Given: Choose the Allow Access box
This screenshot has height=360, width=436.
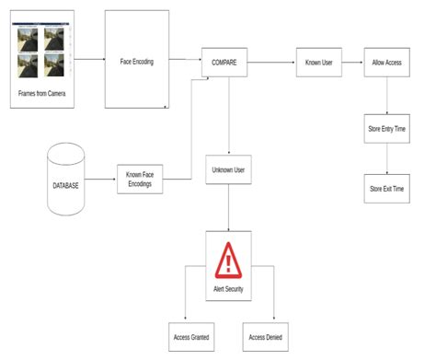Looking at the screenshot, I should click(x=386, y=64).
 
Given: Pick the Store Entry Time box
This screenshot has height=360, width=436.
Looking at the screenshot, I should click(x=386, y=130).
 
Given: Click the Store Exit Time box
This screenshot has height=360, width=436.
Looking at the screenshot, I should click(x=386, y=188).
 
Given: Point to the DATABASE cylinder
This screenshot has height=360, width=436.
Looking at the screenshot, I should click(x=66, y=183).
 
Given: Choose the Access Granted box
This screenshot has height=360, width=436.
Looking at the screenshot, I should click(x=191, y=336).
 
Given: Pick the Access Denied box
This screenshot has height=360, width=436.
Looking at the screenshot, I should click(x=264, y=336).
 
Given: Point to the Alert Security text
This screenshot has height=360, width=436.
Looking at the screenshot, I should click(x=228, y=289).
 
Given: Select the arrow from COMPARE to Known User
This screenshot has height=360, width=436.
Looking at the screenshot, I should click(x=271, y=64).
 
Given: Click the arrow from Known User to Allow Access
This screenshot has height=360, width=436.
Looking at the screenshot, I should click(x=351, y=64).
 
